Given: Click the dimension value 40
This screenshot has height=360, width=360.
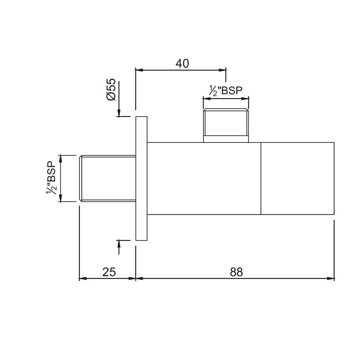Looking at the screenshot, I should click(x=182, y=63).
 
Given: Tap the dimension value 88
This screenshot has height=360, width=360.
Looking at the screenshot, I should click(x=237, y=272).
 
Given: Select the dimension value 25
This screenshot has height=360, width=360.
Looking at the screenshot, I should click(x=109, y=272).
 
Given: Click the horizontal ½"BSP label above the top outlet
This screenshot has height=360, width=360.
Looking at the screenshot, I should click(x=226, y=91).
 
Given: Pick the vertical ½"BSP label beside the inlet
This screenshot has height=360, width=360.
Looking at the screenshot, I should click(x=51, y=178).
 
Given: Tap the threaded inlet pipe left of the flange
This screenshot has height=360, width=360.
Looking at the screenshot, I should click(x=107, y=179).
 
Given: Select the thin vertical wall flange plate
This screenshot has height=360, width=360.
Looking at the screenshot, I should click(x=141, y=178).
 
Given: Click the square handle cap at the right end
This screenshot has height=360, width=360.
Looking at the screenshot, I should click(x=297, y=179).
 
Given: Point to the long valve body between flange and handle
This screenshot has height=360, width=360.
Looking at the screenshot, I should click(x=204, y=179).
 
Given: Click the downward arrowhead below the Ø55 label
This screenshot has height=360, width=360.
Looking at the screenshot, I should click(x=119, y=112).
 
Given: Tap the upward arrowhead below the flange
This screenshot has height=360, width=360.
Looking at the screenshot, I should click(x=119, y=244).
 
